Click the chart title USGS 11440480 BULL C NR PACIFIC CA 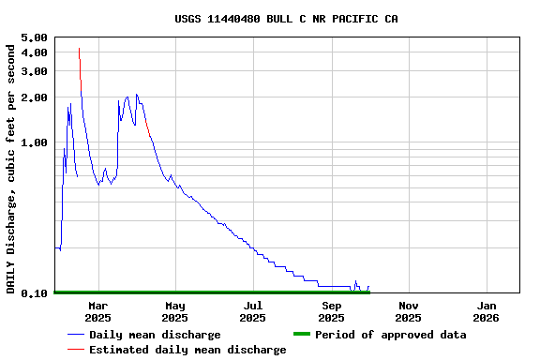(286, 19)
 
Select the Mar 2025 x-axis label (97, 311)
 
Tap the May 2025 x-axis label (175, 311)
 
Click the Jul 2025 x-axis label (253, 311)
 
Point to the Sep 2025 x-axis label (332, 311)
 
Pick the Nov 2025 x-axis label (409, 311)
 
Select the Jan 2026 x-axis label (487, 311)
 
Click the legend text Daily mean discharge (155, 335)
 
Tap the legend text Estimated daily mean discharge (187, 350)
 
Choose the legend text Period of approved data (390, 335)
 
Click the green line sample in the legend (301, 335)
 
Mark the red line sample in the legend (76, 350)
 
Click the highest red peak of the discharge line (79, 49)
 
